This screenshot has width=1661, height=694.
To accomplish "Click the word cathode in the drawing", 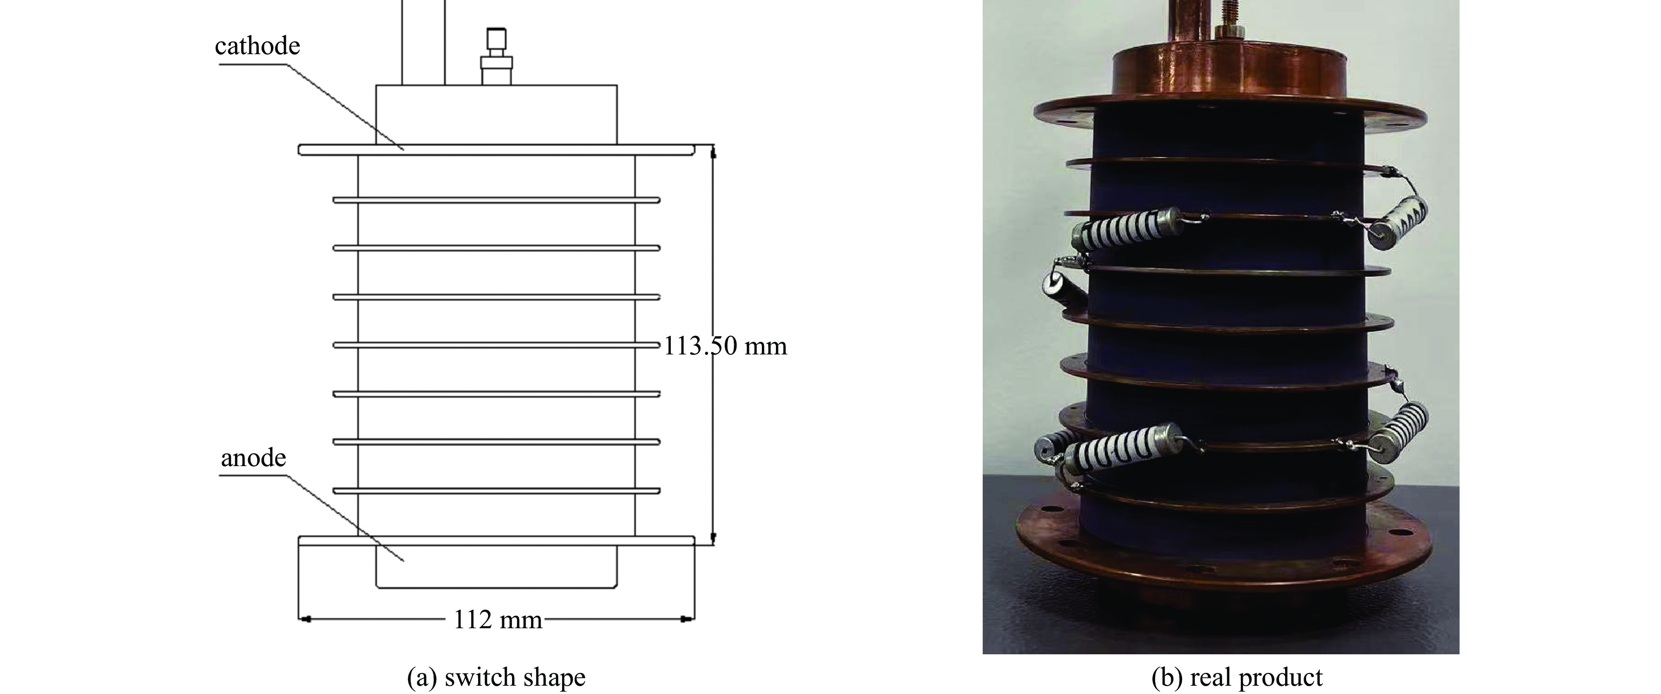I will click(257, 46).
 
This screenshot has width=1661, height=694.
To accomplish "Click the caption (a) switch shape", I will click(496, 677).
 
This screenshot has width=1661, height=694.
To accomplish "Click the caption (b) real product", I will click(1237, 677).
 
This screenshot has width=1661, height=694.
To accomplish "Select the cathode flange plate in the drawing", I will click(496, 150).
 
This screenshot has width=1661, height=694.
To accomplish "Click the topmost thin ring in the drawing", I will click(496, 200).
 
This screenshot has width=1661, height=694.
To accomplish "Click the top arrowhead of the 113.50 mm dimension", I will click(713, 152).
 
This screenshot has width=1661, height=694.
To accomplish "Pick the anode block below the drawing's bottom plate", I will click(496, 566).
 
